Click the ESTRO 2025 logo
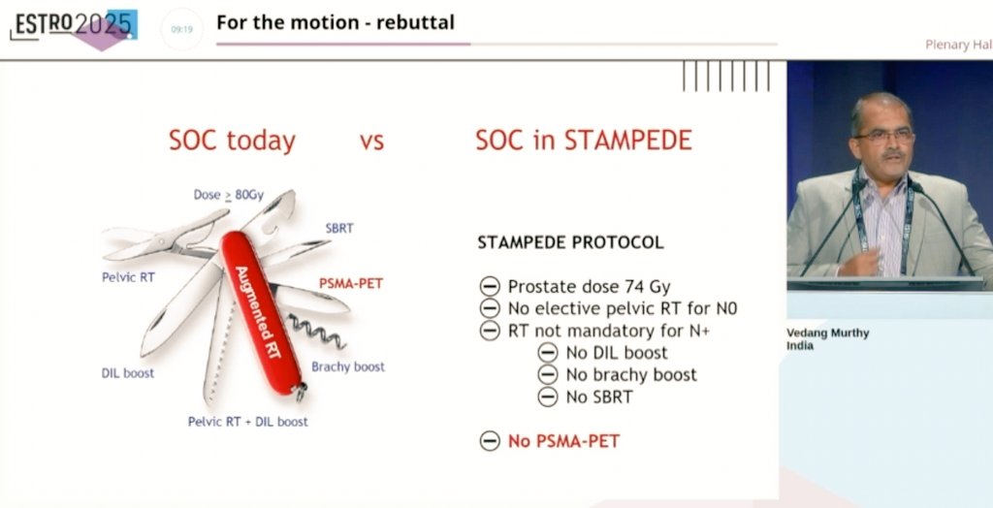tap(74, 28)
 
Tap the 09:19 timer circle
tap(181, 29)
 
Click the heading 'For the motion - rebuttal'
tap(336, 23)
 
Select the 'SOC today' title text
tap(232, 141)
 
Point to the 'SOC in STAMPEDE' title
tap(583, 140)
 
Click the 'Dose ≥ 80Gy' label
tap(228, 195)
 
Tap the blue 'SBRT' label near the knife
tap(339, 228)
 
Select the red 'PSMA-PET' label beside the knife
tap(351, 283)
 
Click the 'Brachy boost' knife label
tap(348, 366)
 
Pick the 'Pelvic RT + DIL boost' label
tap(247, 421)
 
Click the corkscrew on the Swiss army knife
tap(317, 331)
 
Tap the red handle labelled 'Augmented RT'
tap(261, 312)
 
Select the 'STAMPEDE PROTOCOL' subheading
tap(570, 242)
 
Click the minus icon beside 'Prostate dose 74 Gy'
tap(490, 287)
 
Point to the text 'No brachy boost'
tap(631, 375)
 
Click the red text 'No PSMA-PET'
tap(563, 441)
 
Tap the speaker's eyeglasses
tap(884, 136)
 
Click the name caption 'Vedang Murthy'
tap(828, 333)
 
